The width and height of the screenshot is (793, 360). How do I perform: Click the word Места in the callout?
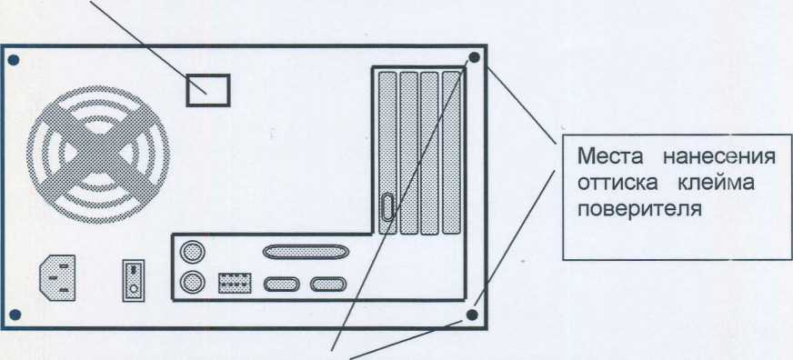pos(609,156)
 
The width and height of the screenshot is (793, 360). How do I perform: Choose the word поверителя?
pos(639,209)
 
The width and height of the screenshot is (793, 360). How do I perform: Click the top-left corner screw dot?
pos(14,60)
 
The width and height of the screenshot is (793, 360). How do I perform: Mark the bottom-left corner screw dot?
pos(15,315)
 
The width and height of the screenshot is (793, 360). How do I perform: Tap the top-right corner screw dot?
pos(474,57)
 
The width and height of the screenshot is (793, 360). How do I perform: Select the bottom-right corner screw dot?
pos(471,315)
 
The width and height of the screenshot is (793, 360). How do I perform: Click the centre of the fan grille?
pos(98,155)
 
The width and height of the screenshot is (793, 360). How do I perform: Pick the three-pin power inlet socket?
pos(57,277)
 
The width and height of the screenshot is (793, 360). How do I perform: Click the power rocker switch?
pos(134,281)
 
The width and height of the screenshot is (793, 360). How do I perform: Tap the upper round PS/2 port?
pos(193,251)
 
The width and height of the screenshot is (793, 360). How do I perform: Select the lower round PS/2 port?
pos(193,282)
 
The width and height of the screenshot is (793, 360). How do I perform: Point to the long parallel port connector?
pos(306,252)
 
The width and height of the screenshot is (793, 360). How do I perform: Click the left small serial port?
pos(282,285)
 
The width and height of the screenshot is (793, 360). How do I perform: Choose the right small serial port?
pos(328,285)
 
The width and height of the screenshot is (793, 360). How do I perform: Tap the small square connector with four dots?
pos(235,283)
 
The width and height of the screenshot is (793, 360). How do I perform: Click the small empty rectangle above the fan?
pos(208,91)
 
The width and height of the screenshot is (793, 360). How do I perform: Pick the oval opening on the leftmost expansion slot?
pos(387,206)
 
